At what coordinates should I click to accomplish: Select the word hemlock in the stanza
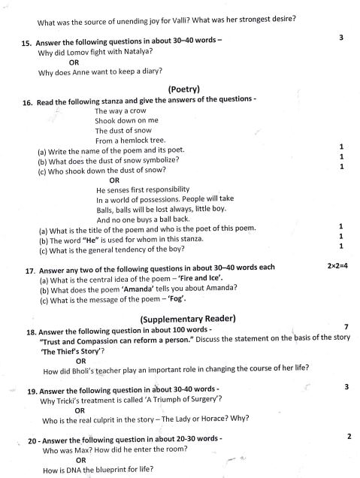coord(138,141)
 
